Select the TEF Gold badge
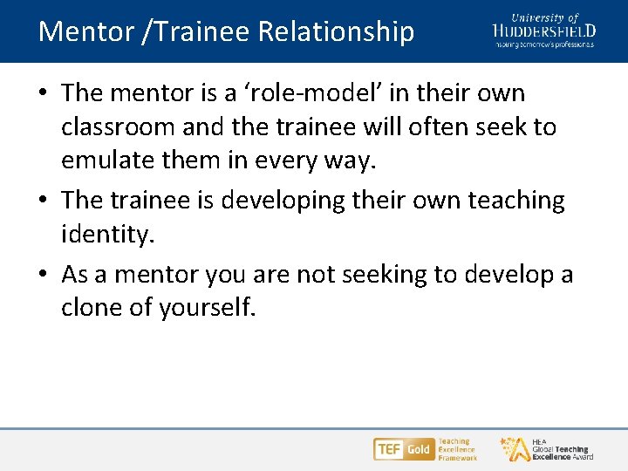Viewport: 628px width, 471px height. pyautogui.click(x=404, y=449)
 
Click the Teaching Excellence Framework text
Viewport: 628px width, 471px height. pyautogui.click(x=457, y=449)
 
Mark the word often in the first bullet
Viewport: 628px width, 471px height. pyautogui.click(x=432, y=127)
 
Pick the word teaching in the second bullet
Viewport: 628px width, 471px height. pyautogui.click(x=515, y=200)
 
